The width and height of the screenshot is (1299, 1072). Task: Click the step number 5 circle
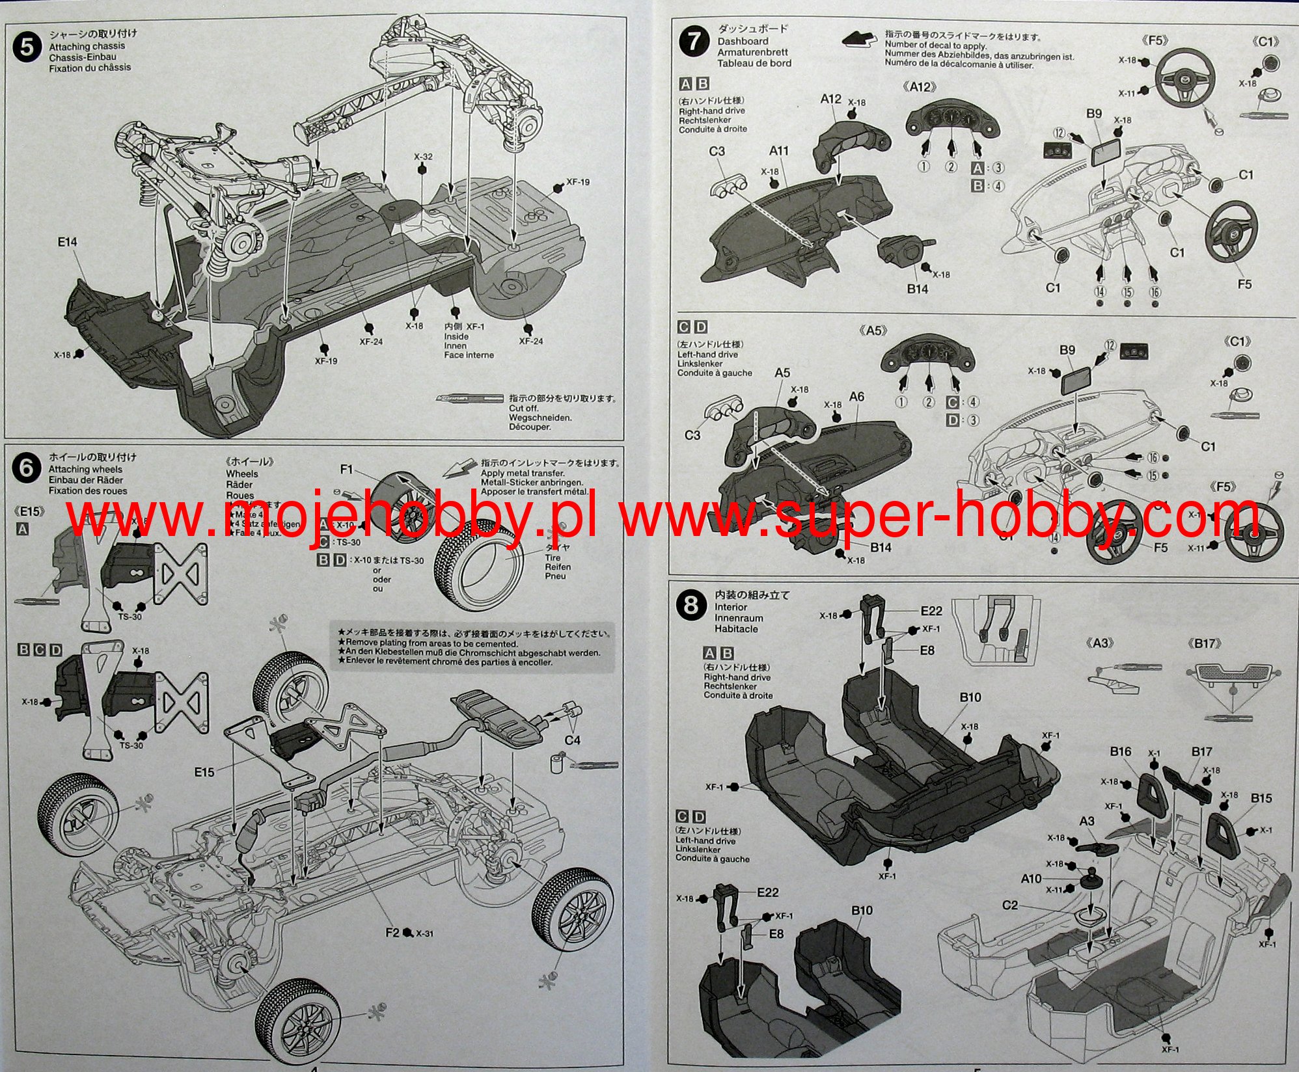point(26,49)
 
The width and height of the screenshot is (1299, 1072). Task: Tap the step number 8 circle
point(691,606)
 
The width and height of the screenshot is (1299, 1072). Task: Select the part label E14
point(67,242)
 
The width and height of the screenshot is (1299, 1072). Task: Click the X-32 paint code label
point(422,157)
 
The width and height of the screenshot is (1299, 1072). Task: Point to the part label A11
point(779,151)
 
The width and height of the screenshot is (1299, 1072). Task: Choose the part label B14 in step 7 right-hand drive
point(917,289)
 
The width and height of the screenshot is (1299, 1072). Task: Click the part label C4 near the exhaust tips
point(572,740)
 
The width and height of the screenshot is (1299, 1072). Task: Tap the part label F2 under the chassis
point(392,933)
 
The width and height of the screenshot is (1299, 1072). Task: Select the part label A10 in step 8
point(1031,879)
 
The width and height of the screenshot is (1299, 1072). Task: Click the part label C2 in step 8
point(1009,905)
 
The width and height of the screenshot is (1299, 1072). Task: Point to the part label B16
point(1120,752)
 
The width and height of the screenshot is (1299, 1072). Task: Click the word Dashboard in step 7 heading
point(743,41)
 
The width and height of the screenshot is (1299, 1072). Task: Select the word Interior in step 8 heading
point(731,607)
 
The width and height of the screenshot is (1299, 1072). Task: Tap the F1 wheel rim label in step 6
point(346,470)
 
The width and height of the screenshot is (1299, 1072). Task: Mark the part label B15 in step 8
point(1261,798)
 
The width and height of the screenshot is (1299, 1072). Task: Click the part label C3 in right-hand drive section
point(717,151)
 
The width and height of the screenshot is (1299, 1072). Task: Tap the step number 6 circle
point(26,468)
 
